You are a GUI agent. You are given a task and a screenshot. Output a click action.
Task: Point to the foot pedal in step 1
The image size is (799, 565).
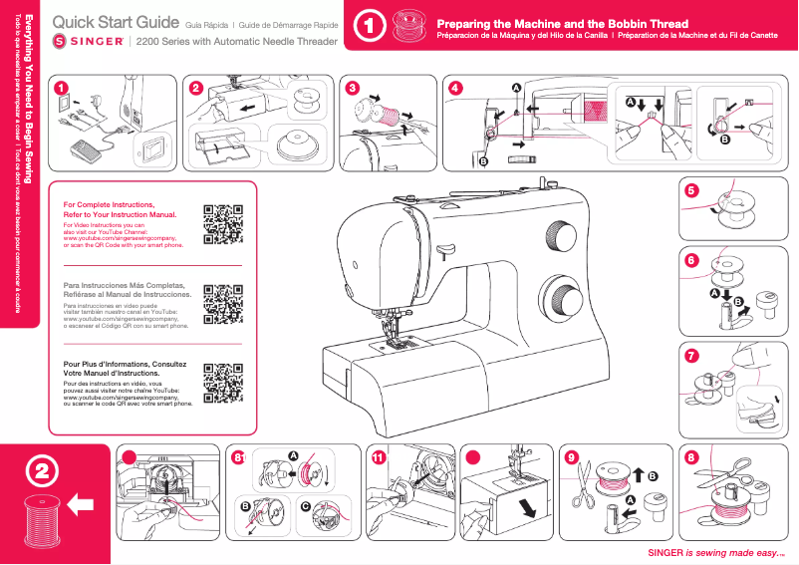click(90, 150)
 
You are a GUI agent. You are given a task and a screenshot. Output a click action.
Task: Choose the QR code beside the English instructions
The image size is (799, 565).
click(224, 224)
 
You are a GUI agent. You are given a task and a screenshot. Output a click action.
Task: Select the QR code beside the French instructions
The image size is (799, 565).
click(224, 384)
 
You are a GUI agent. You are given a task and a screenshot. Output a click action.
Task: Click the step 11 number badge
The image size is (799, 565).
click(378, 457)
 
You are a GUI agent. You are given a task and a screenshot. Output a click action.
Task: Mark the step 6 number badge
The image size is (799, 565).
click(692, 259)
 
